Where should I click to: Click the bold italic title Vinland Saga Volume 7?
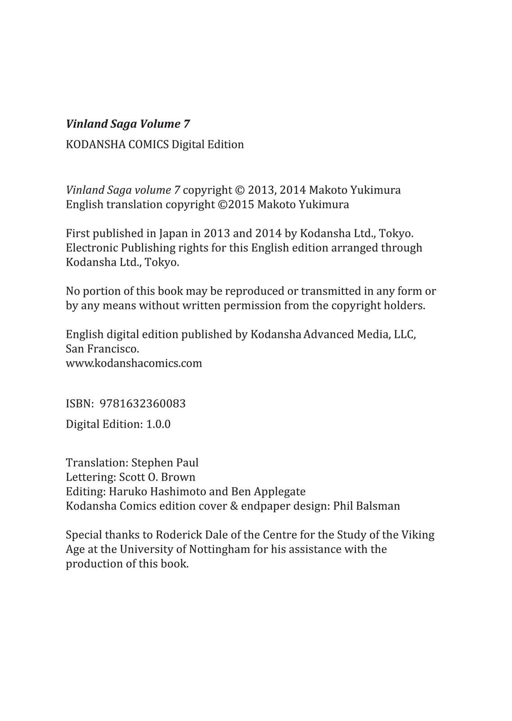tap(128, 124)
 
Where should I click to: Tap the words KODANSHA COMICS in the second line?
tap(117, 145)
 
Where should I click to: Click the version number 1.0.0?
tap(158, 424)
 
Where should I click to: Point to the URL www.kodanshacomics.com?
tap(134, 363)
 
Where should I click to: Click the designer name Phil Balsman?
tap(367, 506)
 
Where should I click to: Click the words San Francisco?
tap(102, 349)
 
